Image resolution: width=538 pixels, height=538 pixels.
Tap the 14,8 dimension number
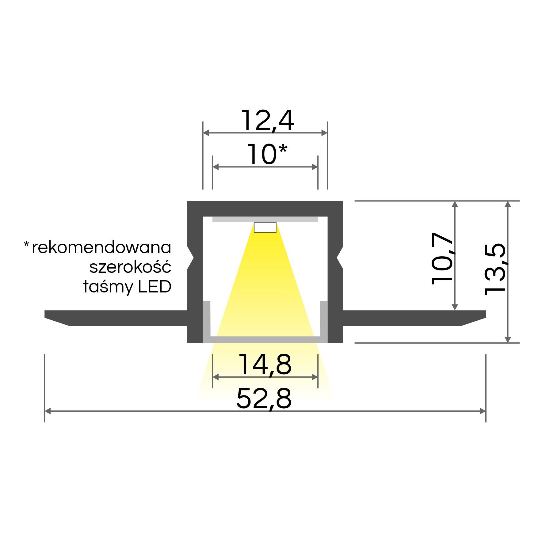point(265,364)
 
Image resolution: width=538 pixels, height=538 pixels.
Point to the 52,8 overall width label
point(264,398)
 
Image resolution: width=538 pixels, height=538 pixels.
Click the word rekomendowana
point(101,248)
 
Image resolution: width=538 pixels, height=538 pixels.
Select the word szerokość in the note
point(130,266)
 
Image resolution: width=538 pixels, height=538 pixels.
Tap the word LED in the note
point(155,287)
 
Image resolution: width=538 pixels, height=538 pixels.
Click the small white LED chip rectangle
point(265,227)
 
